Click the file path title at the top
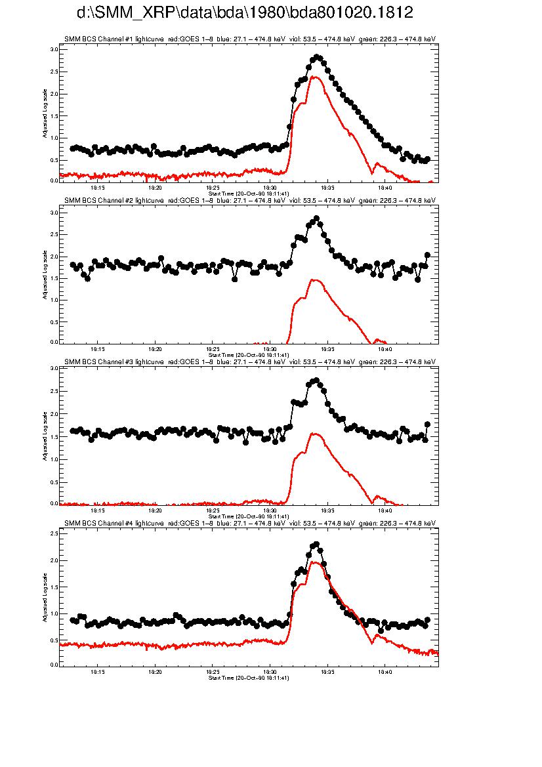[245, 13]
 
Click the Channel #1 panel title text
[249, 39]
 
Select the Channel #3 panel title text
[249, 362]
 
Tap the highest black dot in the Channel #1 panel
[317, 57]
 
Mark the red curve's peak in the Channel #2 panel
[315, 280]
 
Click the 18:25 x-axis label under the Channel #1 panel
[213, 187]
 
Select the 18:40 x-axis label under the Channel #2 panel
[385, 348]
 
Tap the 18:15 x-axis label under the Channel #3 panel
[97, 510]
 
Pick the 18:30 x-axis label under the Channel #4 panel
[270, 672]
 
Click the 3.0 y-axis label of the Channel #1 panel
[54, 49]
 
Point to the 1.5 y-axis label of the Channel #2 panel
[54, 278]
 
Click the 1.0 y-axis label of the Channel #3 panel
[54, 459]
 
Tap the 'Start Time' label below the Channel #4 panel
[249, 678]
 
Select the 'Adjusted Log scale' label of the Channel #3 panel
[45, 436]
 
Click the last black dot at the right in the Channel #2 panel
[427, 255]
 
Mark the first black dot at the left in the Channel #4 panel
[72, 620]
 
